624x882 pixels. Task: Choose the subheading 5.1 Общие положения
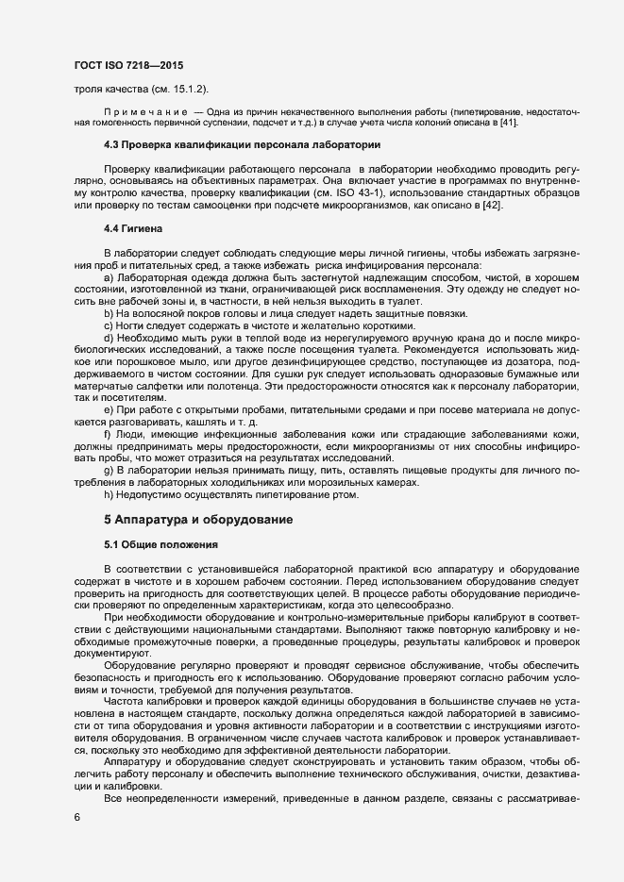point(161,544)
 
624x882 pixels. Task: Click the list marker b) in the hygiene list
point(109,312)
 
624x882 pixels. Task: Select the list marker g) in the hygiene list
point(109,469)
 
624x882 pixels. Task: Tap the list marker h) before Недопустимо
point(109,493)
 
